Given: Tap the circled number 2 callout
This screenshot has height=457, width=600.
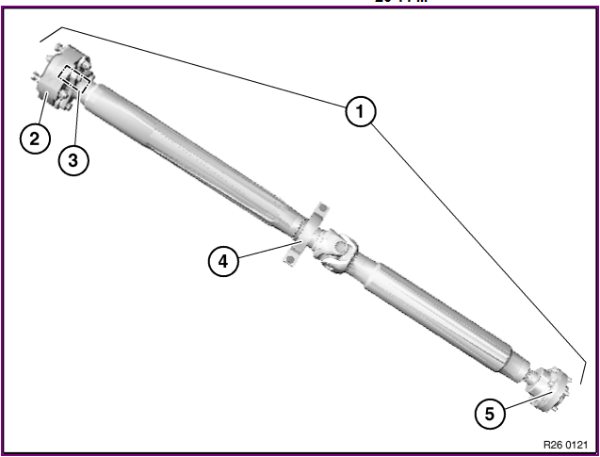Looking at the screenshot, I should tap(35, 139).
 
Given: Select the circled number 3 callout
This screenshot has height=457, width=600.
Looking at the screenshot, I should tap(73, 160).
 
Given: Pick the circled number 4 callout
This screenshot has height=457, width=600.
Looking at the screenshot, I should tap(223, 261).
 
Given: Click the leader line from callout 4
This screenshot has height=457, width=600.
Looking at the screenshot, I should tap(268, 250).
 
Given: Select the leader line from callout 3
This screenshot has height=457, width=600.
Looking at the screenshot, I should tap(73, 118).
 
